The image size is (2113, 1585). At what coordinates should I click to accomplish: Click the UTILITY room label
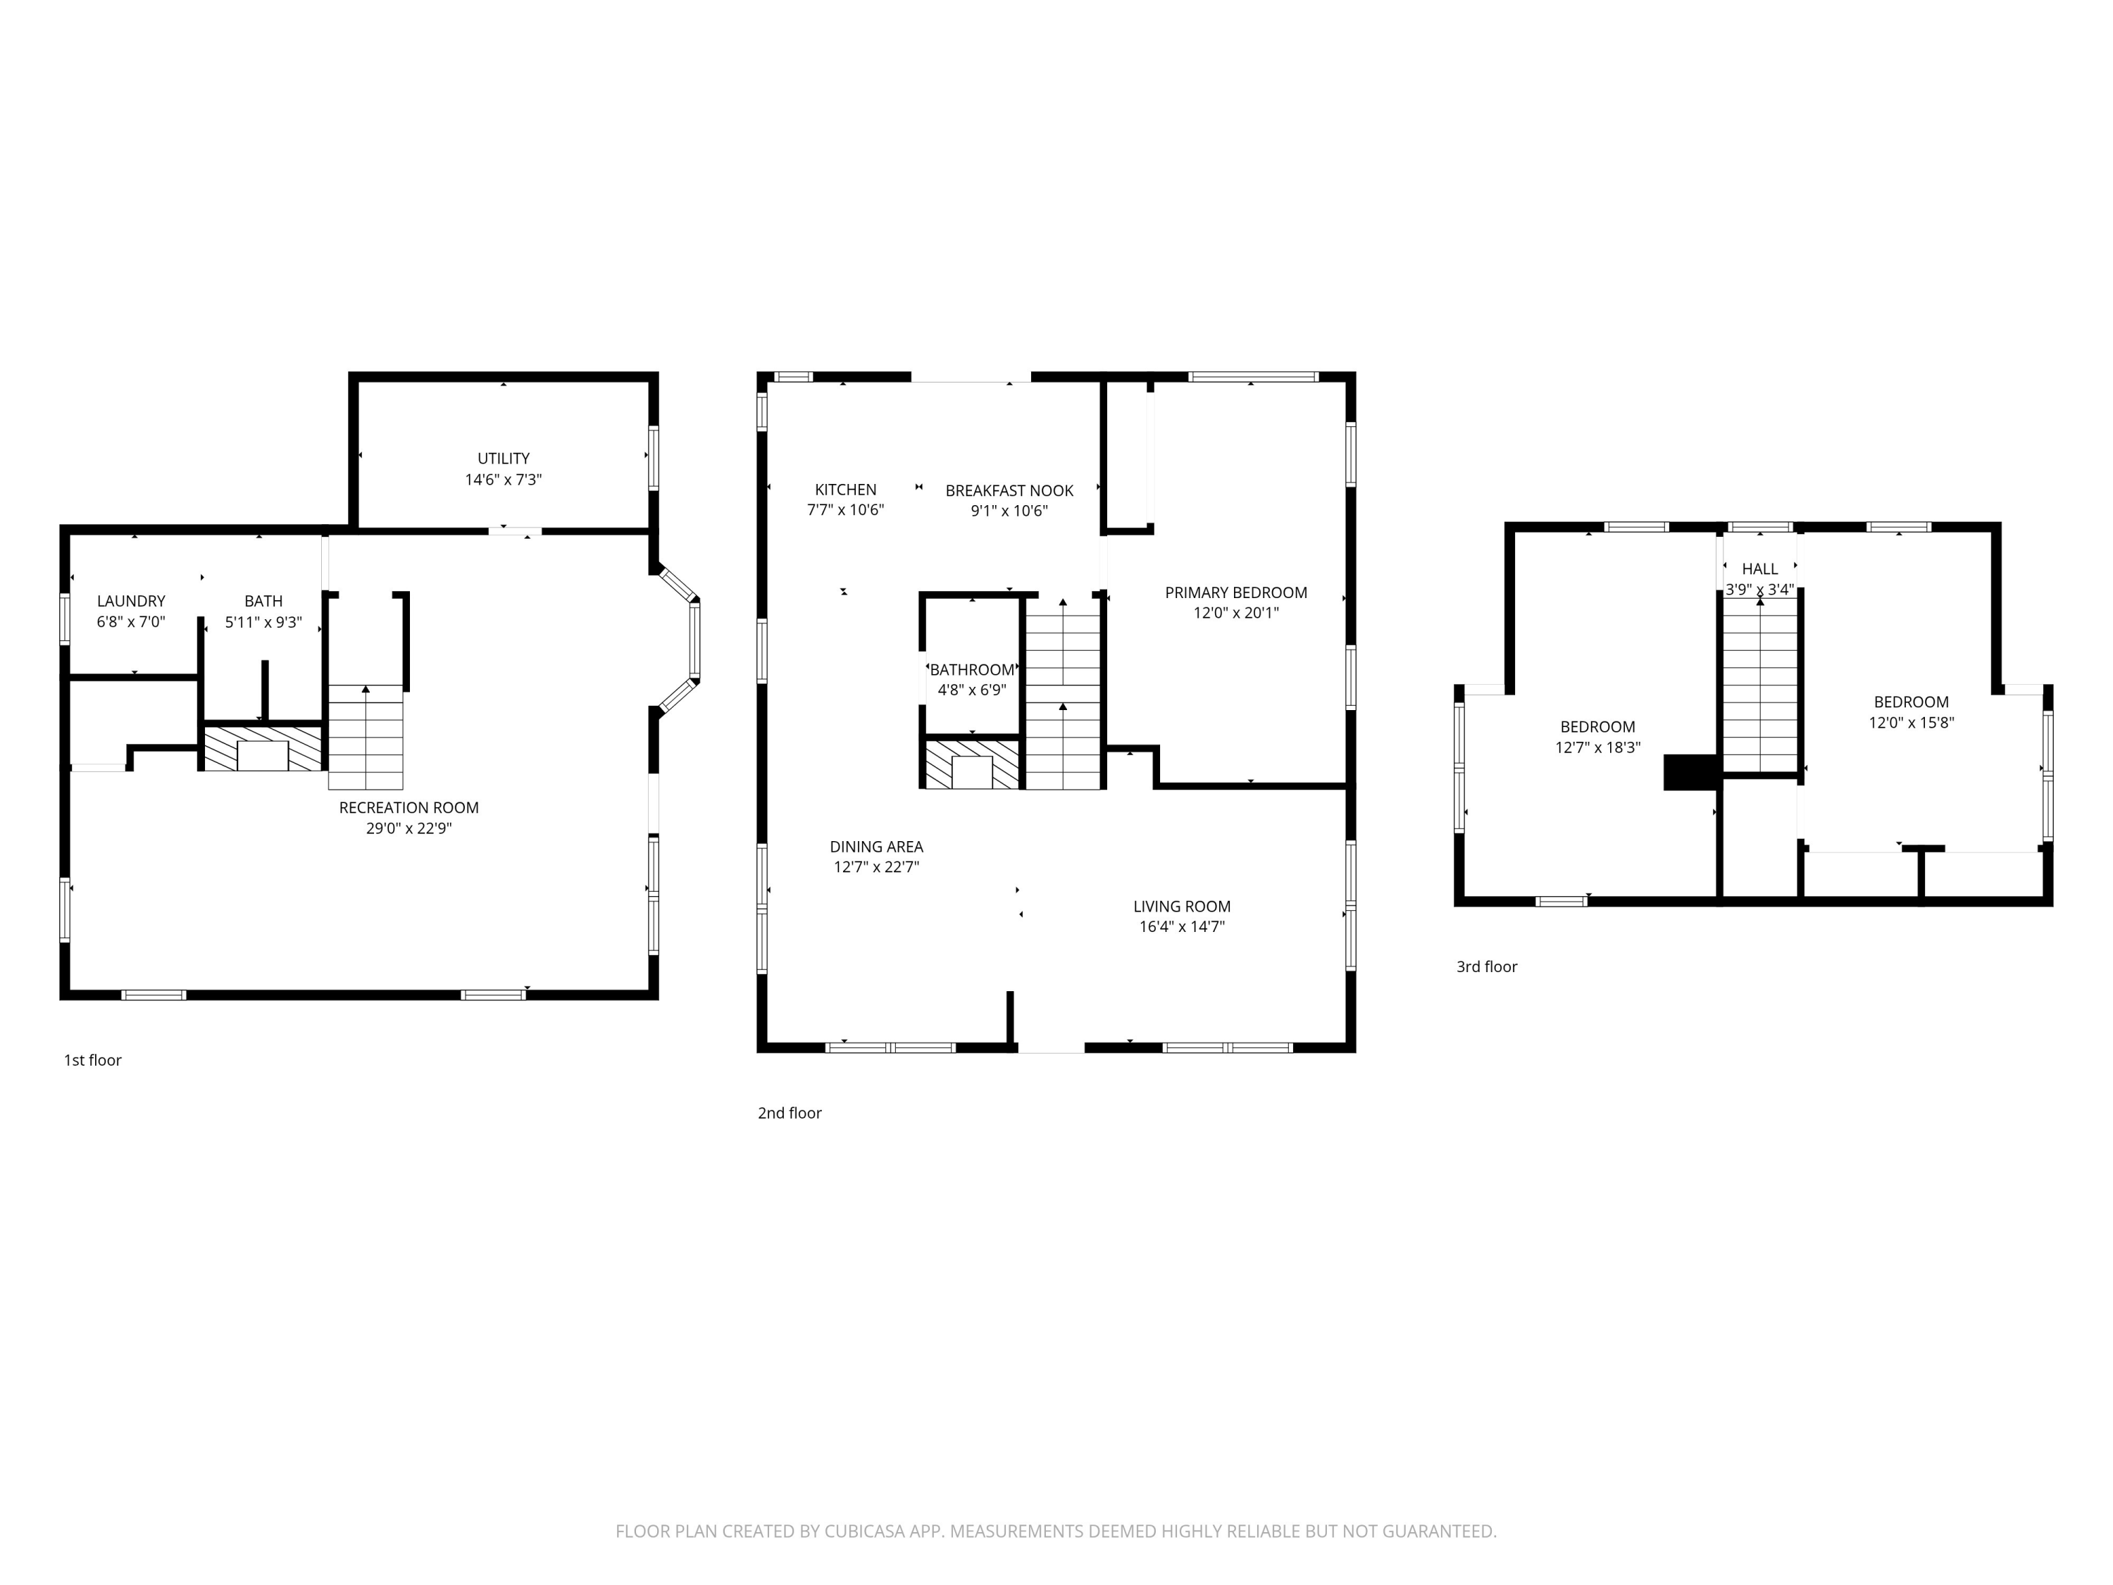(504, 459)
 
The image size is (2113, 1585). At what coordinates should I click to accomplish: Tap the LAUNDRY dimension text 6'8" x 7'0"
(131, 622)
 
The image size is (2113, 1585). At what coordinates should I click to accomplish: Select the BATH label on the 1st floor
(263, 601)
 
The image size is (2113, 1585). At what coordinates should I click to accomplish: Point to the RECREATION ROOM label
(408, 807)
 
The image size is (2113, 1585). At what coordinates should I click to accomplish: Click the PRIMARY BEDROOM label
(1235, 592)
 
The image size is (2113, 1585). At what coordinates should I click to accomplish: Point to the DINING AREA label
(876, 847)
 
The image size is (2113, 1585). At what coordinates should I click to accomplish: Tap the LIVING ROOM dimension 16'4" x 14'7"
(1182, 927)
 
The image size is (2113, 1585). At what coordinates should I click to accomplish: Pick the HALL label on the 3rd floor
(1759, 568)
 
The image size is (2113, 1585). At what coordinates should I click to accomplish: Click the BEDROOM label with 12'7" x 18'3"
(1597, 726)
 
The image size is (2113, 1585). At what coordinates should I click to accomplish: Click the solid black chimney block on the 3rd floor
(1691, 772)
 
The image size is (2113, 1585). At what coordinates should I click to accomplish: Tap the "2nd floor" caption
(789, 1113)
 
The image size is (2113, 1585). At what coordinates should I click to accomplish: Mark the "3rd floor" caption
(1486, 967)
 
